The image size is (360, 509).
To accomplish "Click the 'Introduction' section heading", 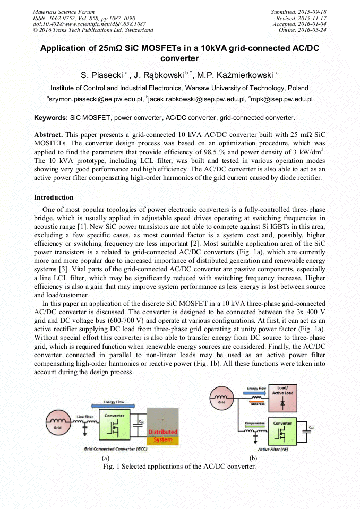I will [x=54, y=197].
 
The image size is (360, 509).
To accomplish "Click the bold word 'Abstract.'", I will [x=48, y=135].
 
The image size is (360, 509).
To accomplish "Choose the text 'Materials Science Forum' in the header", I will [x=64, y=12].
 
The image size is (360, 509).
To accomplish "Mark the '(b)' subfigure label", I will [x=253, y=458].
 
